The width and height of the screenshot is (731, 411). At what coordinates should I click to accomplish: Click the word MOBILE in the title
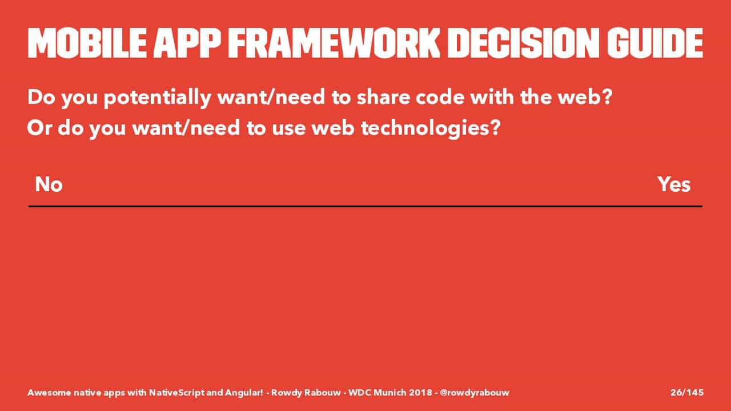[87, 43]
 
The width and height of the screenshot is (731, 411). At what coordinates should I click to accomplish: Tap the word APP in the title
[187, 43]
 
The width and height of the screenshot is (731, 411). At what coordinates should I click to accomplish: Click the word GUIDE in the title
[655, 43]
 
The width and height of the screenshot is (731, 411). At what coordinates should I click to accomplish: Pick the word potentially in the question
[157, 98]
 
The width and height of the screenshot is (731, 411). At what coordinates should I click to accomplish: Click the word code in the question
[440, 97]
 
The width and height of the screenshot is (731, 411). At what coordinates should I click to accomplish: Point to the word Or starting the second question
[39, 128]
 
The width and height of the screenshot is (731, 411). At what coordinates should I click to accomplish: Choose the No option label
[49, 184]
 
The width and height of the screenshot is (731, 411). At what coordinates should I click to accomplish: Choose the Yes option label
[674, 184]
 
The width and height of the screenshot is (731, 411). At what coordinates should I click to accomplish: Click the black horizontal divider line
[365, 206]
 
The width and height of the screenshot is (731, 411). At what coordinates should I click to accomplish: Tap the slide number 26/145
[687, 392]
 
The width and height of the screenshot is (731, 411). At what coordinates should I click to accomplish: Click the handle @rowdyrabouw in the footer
[474, 393]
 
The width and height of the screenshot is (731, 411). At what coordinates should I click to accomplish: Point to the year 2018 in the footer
[421, 392]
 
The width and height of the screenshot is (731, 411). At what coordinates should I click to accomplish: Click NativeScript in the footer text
[177, 393]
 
